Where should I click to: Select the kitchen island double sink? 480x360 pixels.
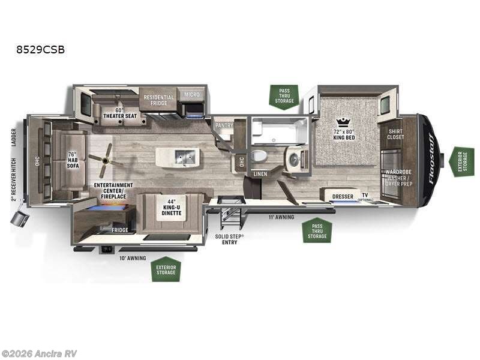[x=185, y=158]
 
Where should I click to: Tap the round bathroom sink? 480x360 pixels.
[x=295, y=158]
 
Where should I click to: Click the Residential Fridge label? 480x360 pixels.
[x=158, y=100]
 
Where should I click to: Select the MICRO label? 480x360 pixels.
[x=191, y=95]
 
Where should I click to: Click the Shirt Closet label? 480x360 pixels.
[x=395, y=134]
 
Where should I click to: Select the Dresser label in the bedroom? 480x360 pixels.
[x=342, y=196]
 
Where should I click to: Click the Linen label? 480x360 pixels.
[x=260, y=174]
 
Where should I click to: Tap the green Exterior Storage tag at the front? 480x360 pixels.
[x=462, y=161]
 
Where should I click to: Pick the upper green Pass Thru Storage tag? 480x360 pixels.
[x=284, y=97]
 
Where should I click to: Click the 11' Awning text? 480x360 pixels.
[x=281, y=217]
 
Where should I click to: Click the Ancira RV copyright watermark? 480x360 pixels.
[x=40, y=353]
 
